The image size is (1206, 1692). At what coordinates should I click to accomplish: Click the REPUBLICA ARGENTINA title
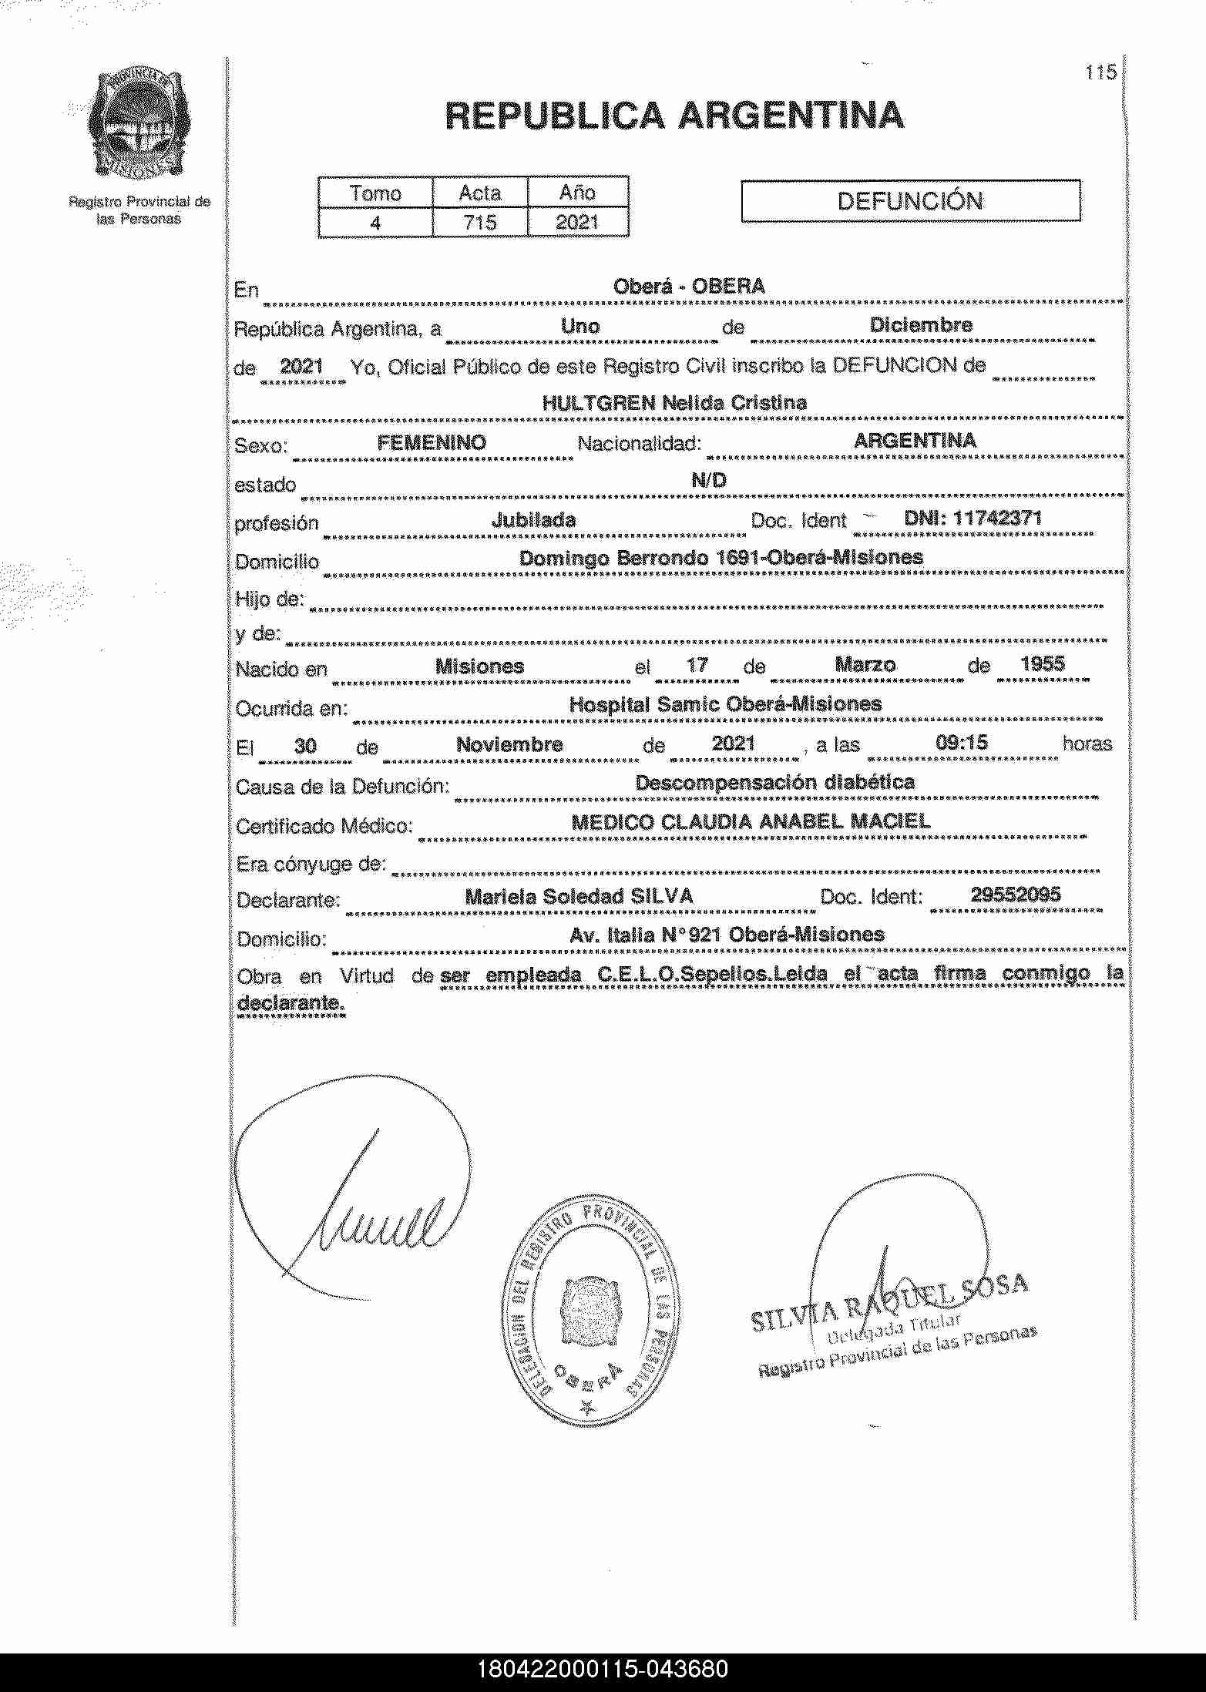pyautogui.click(x=674, y=116)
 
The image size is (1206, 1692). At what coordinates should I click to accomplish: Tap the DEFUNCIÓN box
pyautogui.click(x=910, y=201)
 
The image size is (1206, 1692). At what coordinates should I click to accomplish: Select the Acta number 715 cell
pyautogui.click(x=479, y=223)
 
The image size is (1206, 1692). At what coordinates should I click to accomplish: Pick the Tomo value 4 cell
pyautogui.click(x=375, y=223)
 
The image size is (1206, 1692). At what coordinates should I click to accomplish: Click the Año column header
pyautogui.click(x=577, y=193)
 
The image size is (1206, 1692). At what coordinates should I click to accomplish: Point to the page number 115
pyautogui.click(x=1100, y=73)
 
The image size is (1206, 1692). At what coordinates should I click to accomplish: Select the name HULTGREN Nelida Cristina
pyautogui.click(x=674, y=403)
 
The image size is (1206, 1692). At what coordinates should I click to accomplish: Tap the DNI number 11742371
pyautogui.click(x=973, y=518)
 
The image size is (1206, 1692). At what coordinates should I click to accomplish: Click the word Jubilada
pyautogui.click(x=533, y=520)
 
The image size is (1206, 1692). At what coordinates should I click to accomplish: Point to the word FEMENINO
pyautogui.click(x=432, y=442)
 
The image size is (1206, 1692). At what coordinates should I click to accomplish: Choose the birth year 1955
pyautogui.click(x=1042, y=664)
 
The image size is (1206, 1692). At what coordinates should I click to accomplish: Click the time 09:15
pyautogui.click(x=961, y=744)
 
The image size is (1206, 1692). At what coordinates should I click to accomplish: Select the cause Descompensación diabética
pyautogui.click(x=774, y=783)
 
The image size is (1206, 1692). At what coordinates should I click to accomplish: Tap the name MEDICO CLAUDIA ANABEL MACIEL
pyautogui.click(x=751, y=822)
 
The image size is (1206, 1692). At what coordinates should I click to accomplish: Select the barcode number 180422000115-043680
pyautogui.click(x=603, y=1670)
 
